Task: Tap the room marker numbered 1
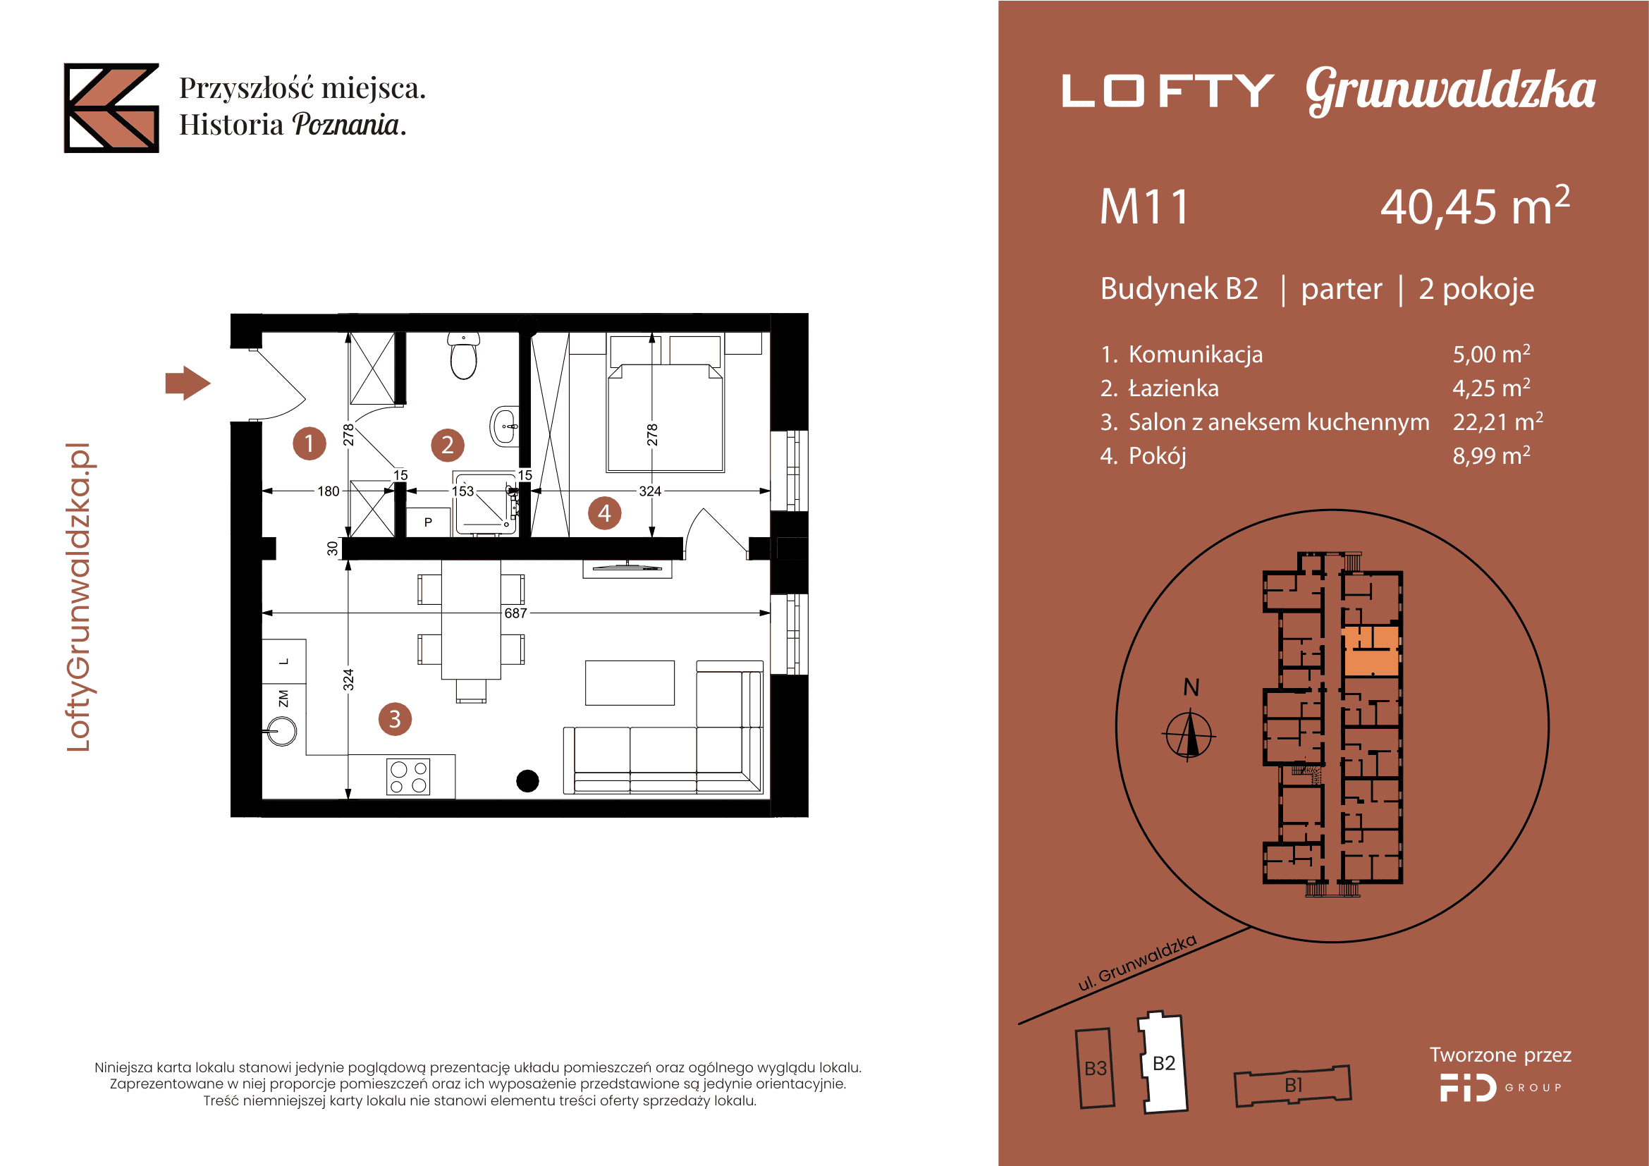[309, 443]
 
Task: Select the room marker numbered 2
[448, 444]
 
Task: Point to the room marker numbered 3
[395, 718]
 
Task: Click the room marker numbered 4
[605, 513]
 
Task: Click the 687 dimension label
[515, 613]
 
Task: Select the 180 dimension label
[329, 491]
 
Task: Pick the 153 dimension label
[462, 491]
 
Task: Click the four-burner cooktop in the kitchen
[408, 777]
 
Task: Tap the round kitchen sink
[281, 732]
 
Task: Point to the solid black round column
[528, 780]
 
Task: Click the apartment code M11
[1144, 207]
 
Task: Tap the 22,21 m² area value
[1497, 422]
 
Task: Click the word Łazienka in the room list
[1174, 388]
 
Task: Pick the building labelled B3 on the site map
[1096, 1068]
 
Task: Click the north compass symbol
[1189, 734]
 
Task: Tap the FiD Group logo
[1500, 1087]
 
